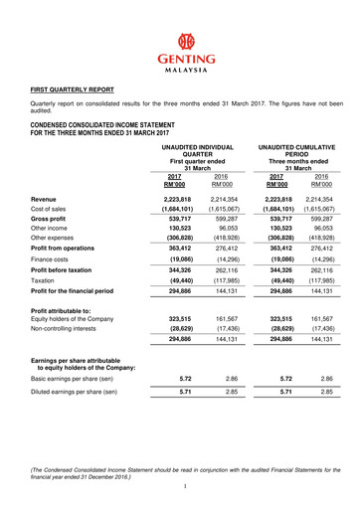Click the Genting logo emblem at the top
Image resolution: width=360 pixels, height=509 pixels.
pos(180,43)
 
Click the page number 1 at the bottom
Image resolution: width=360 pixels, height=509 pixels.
pos(186,485)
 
